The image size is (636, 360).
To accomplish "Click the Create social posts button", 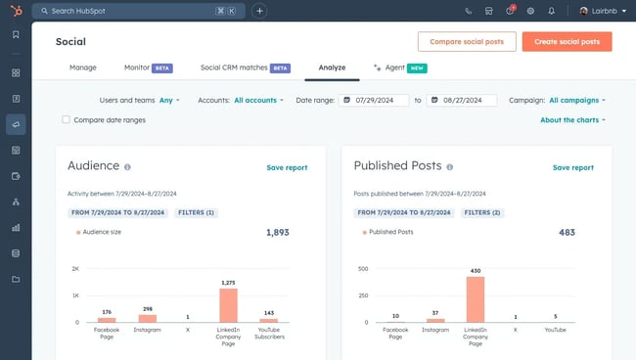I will click(567, 41).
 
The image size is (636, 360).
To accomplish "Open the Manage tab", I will click(83, 68).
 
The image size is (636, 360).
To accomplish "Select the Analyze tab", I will click(332, 68).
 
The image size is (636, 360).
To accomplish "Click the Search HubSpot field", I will click(137, 11).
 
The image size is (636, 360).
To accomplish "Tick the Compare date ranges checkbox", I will click(66, 119).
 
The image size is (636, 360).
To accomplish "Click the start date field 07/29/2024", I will click(374, 100).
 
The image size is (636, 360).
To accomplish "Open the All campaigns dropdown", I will click(577, 100).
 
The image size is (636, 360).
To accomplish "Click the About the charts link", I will click(572, 119).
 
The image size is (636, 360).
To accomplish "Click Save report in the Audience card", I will click(287, 167).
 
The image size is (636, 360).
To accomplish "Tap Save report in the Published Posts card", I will click(572, 167).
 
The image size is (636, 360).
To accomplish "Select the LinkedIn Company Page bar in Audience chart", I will click(228, 304).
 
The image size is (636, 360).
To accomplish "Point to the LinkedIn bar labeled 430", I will click(476, 298).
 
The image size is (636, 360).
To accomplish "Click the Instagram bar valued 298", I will click(148, 318).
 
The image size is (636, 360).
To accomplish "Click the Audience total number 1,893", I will click(277, 232).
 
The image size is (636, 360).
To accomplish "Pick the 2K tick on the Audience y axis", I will click(75, 268).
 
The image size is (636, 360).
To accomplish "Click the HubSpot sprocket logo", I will click(16, 11).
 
